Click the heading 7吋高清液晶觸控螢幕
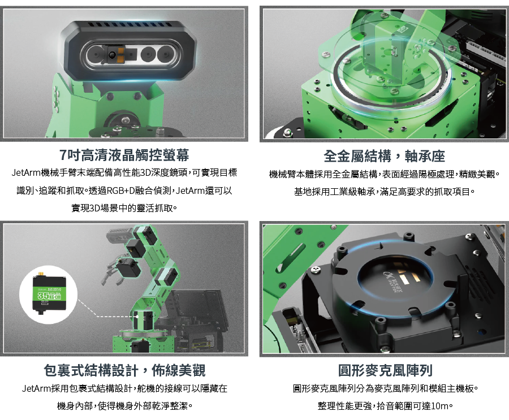click(x=124, y=155)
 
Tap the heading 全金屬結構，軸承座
click(x=384, y=156)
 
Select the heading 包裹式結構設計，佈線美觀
click(x=124, y=370)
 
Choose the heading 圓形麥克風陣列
click(x=385, y=370)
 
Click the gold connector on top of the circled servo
click(x=41, y=274)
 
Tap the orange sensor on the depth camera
click(x=120, y=54)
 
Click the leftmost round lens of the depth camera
click(x=94, y=54)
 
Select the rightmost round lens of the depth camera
click(x=166, y=54)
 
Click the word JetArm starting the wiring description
click(x=36, y=388)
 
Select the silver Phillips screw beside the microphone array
click(x=316, y=270)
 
